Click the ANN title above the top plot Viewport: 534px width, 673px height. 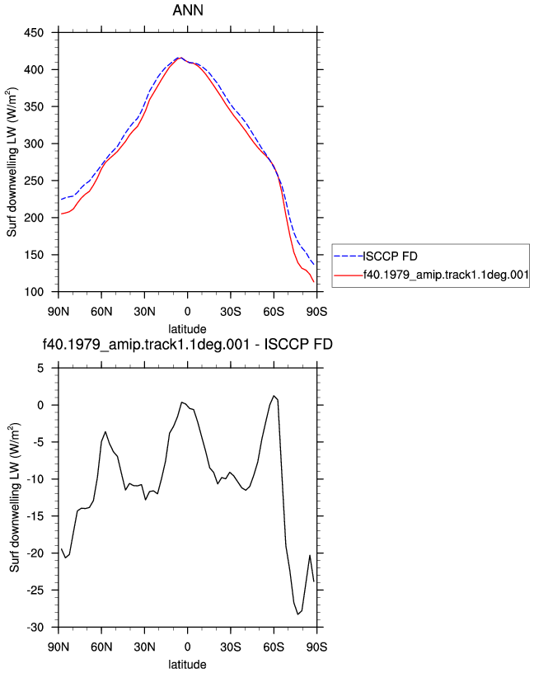coord(187,10)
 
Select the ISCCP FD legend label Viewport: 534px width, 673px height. coord(390,256)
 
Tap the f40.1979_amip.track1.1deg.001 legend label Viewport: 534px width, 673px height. coord(446,275)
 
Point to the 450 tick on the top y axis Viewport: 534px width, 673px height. coord(34,33)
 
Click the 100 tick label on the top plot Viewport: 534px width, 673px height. coord(34,292)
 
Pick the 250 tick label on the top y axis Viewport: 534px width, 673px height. coord(34,181)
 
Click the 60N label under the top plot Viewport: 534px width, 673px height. coord(101,312)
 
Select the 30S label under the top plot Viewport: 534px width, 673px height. coord(231,312)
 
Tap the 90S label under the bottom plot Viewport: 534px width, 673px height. coord(316,647)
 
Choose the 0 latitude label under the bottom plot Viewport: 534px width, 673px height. coord(187,647)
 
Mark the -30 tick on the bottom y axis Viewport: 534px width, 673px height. coord(35,628)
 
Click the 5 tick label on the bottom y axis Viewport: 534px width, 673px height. coord(40,369)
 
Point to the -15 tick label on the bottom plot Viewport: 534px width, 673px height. coord(35,516)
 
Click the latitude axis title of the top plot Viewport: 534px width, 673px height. coord(187,329)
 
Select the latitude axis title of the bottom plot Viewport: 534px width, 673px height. coord(187,665)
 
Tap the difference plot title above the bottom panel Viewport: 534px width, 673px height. coord(187,344)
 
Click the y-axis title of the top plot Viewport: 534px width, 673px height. coord(12,162)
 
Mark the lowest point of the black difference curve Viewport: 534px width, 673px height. coord(297,614)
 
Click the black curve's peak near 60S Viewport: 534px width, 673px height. coord(274,396)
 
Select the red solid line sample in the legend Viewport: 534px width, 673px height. coord(349,275)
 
